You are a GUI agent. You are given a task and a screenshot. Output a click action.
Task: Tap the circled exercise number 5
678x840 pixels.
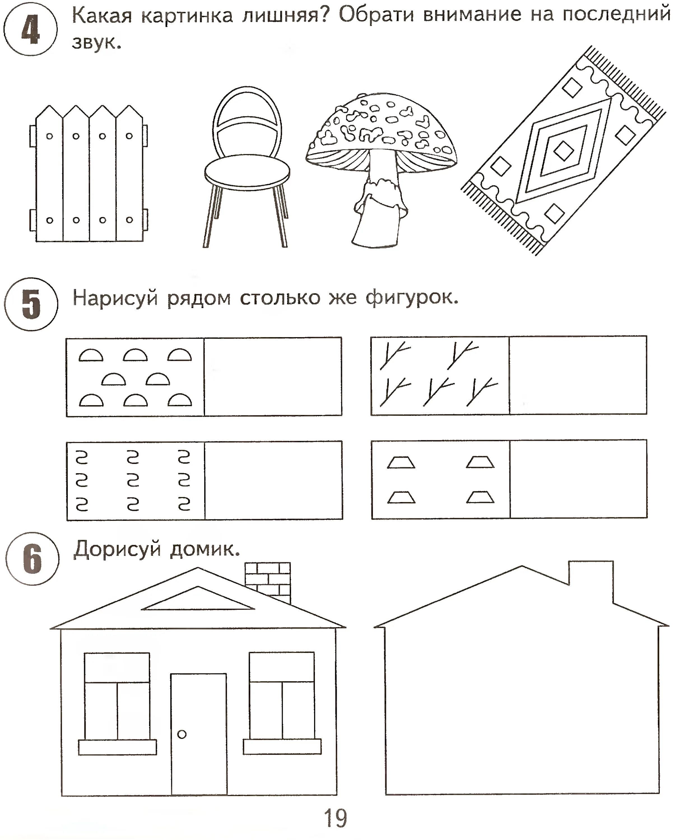31,304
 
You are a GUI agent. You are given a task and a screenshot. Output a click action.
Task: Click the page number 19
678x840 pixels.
335,818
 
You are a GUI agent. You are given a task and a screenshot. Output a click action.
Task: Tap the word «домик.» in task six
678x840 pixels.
205,550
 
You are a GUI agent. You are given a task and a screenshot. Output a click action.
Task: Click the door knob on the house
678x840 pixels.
182,734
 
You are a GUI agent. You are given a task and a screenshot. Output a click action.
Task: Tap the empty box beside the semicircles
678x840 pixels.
273,377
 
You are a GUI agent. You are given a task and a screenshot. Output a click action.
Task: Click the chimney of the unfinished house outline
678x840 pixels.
591,578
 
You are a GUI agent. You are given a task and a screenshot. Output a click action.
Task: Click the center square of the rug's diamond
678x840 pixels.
563,151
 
